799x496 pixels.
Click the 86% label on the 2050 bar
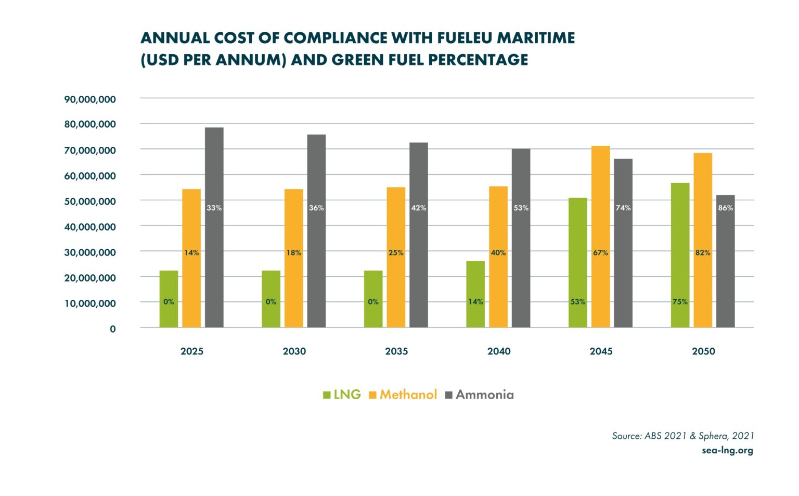click(725, 208)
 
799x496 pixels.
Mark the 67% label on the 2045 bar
click(600, 252)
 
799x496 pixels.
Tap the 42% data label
click(418, 208)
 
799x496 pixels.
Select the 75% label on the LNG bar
click(680, 301)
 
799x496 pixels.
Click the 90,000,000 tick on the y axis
click(90, 99)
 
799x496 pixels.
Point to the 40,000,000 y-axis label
click(90, 226)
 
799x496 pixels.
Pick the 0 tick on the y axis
click(112, 328)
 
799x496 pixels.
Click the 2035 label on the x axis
click(396, 351)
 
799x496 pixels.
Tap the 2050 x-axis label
click(703, 351)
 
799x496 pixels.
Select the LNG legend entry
click(342, 395)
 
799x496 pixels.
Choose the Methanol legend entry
click(403, 395)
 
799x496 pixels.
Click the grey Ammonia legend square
click(449, 395)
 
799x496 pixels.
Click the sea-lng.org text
click(727, 450)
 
